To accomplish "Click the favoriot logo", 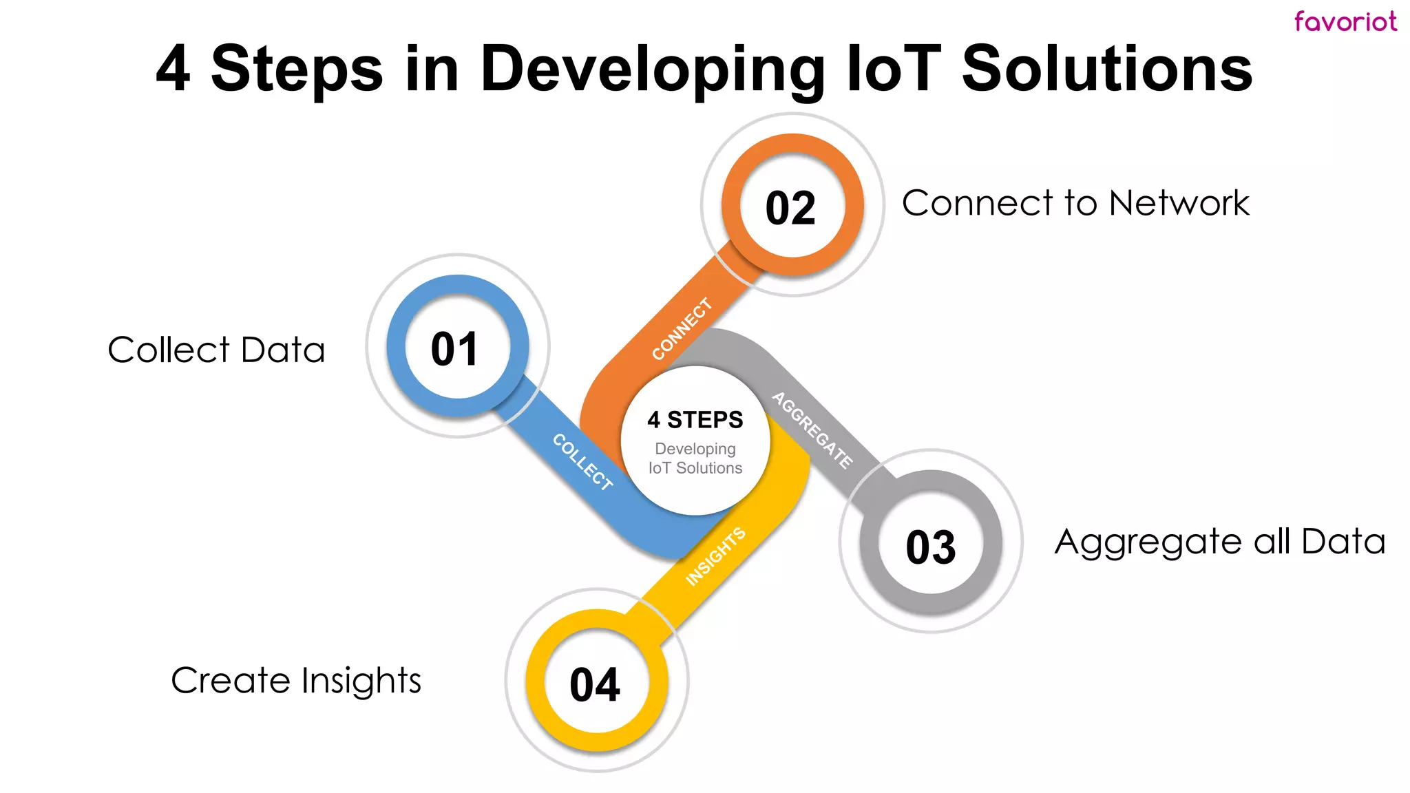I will point(1345,21).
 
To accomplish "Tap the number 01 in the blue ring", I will point(454,349).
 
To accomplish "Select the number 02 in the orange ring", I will point(790,208).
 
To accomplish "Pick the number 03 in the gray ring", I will point(931,547).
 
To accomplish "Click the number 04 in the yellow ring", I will point(595,685).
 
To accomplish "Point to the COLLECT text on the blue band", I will point(582,462).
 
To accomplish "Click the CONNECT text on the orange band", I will point(682,329).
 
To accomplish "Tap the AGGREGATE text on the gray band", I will point(812,430).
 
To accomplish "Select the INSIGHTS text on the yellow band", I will point(715,557).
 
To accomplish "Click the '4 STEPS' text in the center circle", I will point(695,419).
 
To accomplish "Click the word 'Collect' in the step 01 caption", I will point(169,350).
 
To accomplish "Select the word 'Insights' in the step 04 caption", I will point(361,681).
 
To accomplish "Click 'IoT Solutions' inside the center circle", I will point(695,468).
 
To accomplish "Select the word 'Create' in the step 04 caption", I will point(231,681).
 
